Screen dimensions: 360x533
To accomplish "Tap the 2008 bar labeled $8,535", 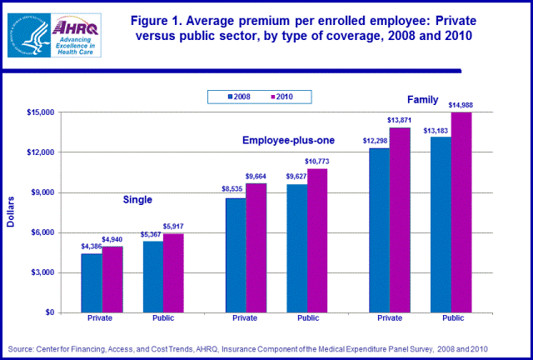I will tap(235, 255).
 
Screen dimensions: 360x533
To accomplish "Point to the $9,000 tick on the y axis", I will tap(42, 192).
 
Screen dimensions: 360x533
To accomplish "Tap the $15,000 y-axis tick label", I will tap(40, 112).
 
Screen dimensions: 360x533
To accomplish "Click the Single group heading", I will tap(137, 200).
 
